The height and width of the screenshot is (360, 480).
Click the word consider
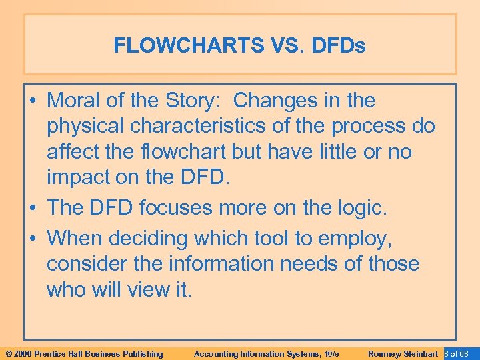pyautogui.click(x=86, y=263)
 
